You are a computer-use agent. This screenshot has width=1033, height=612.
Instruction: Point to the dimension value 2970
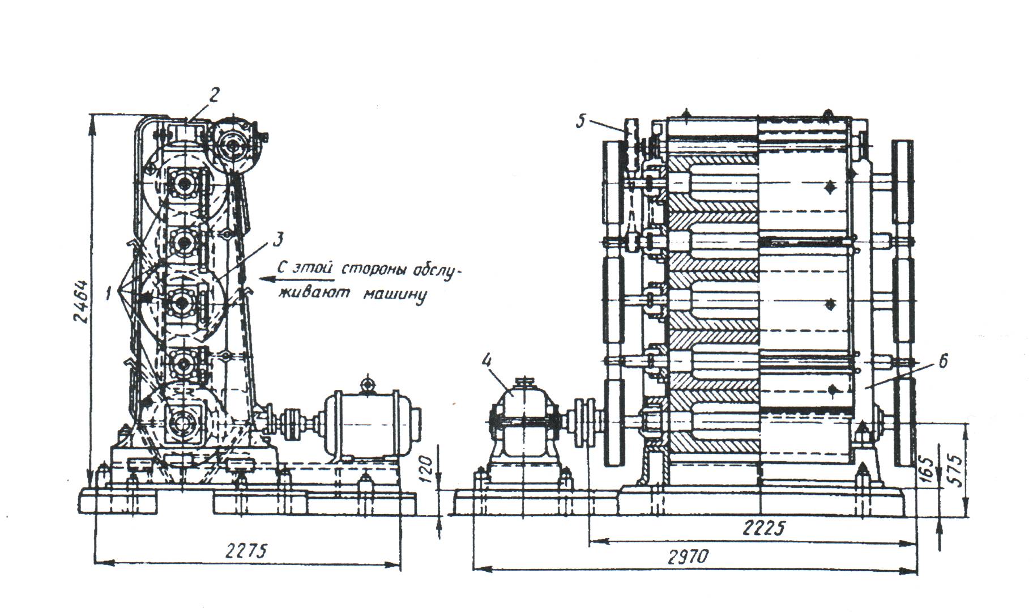688,558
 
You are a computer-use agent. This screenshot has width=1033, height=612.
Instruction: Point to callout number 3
277,240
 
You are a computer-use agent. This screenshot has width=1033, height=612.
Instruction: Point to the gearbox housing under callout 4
524,422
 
